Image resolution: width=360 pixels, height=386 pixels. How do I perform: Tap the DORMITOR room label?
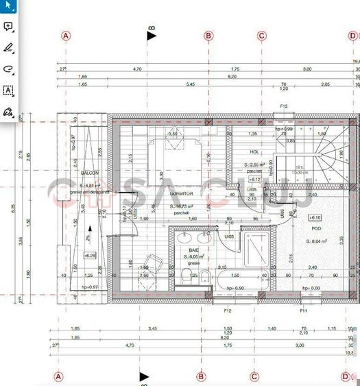(182, 194)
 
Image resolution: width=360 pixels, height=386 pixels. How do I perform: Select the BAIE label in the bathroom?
(194, 251)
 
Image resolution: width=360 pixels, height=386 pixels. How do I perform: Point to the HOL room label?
(254, 152)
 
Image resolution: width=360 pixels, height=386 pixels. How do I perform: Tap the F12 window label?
(228, 311)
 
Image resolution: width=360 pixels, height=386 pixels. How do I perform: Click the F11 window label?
(302, 311)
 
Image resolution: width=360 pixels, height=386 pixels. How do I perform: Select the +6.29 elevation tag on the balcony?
(90, 255)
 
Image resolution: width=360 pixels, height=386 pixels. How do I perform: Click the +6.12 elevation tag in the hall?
(255, 179)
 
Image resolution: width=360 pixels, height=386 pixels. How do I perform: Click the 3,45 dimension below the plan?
(152, 329)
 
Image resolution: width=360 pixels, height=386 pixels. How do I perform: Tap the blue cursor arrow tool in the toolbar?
(8, 5)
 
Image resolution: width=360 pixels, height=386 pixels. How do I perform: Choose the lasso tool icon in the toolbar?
(8, 69)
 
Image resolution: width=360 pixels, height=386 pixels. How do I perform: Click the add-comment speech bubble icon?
(8, 27)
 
